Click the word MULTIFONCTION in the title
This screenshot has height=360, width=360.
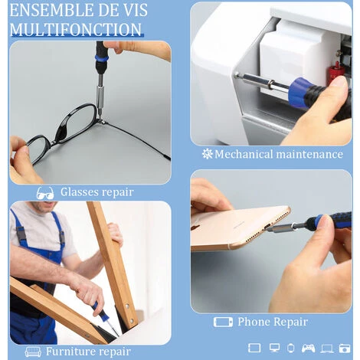click(76, 30)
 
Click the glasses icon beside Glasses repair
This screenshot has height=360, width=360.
click(45, 193)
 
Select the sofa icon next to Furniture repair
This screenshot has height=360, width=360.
click(33, 352)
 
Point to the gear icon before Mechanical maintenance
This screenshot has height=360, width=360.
click(207, 154)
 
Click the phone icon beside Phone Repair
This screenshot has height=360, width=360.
click(223, 322)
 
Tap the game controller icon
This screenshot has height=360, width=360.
click(308, 349)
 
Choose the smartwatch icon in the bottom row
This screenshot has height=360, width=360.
click(290, 348)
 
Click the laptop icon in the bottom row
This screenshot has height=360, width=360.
click(327, 349)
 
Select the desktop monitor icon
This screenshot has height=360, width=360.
click(274, 348)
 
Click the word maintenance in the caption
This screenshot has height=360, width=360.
click(309, 154)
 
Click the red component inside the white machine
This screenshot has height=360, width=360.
click(335, 72)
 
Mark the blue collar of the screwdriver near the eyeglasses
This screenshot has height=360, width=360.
click(101, 61)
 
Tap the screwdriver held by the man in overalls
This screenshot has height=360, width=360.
click(105, 318)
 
